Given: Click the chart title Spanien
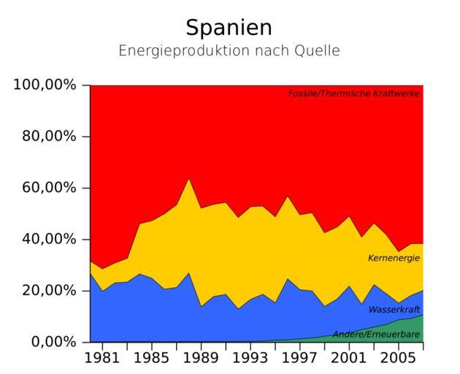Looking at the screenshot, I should tap(229, 28).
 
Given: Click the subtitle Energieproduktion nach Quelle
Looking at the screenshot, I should tap(229, 51).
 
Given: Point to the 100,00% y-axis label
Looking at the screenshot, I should tap(45, 85).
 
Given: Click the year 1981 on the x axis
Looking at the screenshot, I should tap(103, 359).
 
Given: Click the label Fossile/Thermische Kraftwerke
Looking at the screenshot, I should tap(354, 93).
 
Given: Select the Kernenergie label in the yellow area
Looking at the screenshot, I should tap(394, 258).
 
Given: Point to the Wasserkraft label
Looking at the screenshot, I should tap(394, 309).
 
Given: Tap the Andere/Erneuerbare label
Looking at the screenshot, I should tap(376, 335).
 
